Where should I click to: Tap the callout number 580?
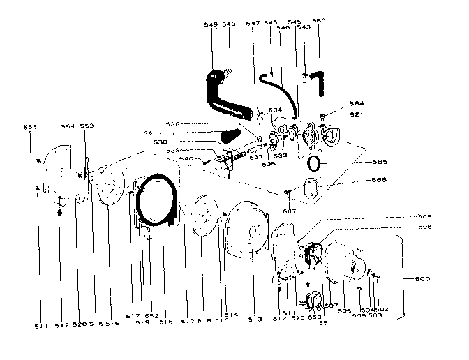point(319,21)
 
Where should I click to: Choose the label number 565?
point(380,162)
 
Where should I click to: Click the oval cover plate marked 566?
point(306,188)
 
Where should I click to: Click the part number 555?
point(30,128)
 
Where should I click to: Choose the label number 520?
point(77,324)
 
